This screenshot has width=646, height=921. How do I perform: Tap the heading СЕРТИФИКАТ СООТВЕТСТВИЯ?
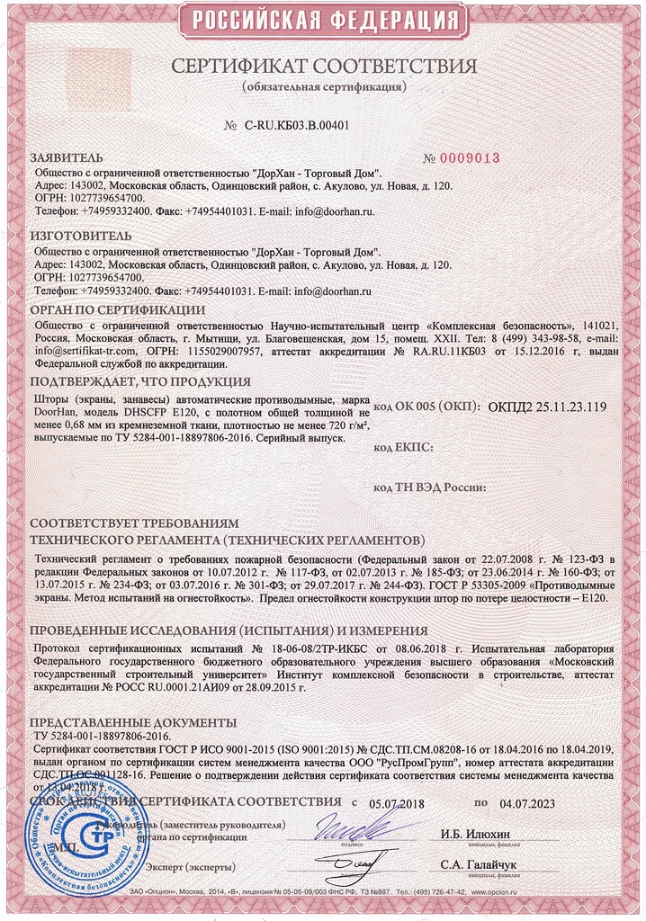pos(324,67)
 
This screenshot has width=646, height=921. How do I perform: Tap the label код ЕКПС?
pos(404,447)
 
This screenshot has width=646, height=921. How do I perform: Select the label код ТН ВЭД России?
pos(429,487)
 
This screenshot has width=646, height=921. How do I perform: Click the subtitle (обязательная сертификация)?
pos(324,87)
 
